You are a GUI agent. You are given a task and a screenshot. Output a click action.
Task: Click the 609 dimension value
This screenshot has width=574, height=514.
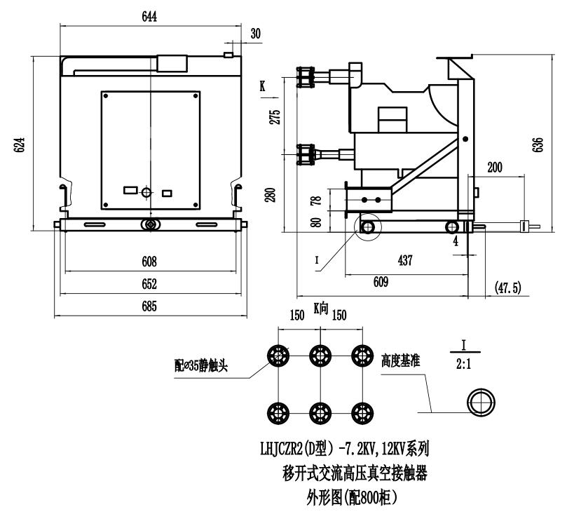381,283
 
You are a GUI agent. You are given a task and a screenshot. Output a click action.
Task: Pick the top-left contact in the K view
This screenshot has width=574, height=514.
279,355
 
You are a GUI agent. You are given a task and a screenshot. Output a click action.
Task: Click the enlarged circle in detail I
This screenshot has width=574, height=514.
481,403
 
